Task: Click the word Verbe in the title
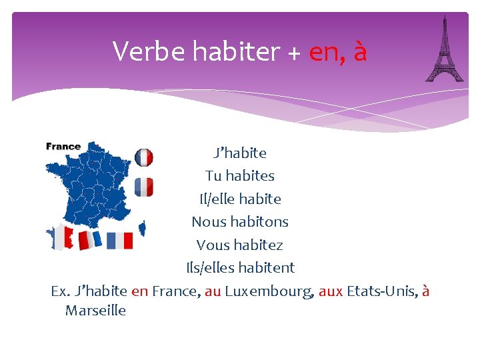143,51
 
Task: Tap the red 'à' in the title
360,51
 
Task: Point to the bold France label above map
63,147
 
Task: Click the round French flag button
144,157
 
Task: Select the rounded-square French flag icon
144,187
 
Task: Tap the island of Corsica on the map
142,229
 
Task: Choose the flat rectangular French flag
120,240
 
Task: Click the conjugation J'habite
240,153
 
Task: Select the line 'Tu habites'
240,176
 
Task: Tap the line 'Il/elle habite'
240,199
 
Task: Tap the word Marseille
95,311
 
